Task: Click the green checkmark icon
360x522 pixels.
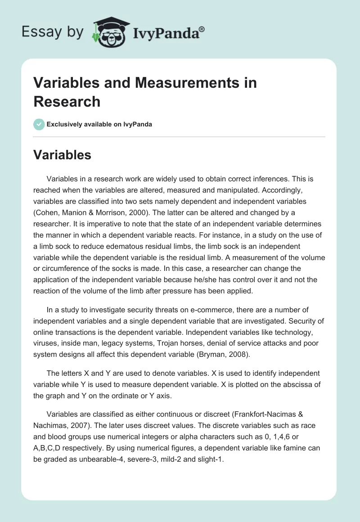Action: (x=39, y=124)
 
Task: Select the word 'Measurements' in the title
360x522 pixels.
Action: (x=156, y=83)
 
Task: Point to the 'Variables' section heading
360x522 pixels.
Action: (x=63, y=155)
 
